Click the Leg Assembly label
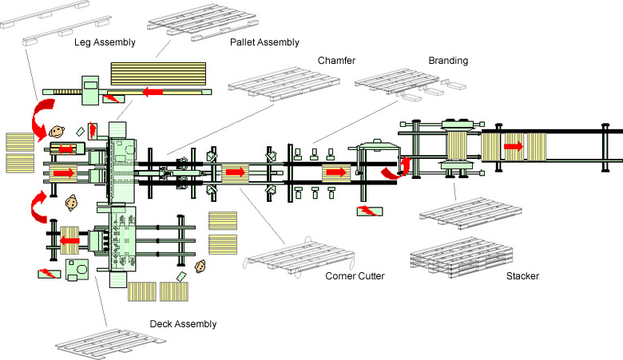click(105, 42)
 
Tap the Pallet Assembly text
click(264, 42)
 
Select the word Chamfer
click(336, 61)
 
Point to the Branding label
click(448, 61)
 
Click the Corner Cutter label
click(355, 276)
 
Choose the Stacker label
click(522, 276)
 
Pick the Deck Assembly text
click(183, 324)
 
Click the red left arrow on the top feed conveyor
click(153, 92)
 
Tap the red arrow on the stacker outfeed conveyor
click(514, 146)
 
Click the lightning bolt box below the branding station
click(370, 211)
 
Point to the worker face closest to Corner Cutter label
click(200, 266)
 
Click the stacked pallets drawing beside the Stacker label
click(462, 258)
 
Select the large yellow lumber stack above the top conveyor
click(158, 73)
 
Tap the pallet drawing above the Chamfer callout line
click(284, 84)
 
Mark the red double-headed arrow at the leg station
click(66, 149)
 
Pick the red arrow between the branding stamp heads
click(336, 172)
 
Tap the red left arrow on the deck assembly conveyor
click(69, 240)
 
